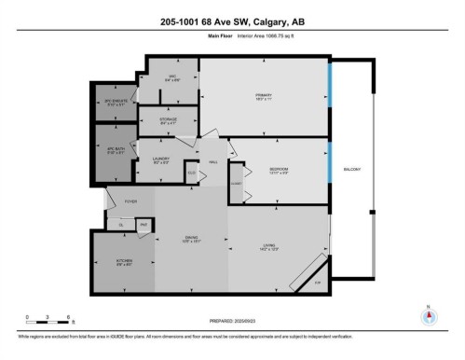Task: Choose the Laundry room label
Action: pyautogui.click(x=159, y=160)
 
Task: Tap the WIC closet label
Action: pyautogui.click(x=172, y=77)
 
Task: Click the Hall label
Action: pyautogui.click(x=212, y=162)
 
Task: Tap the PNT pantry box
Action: pyautogui.click(x=144, y=225)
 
